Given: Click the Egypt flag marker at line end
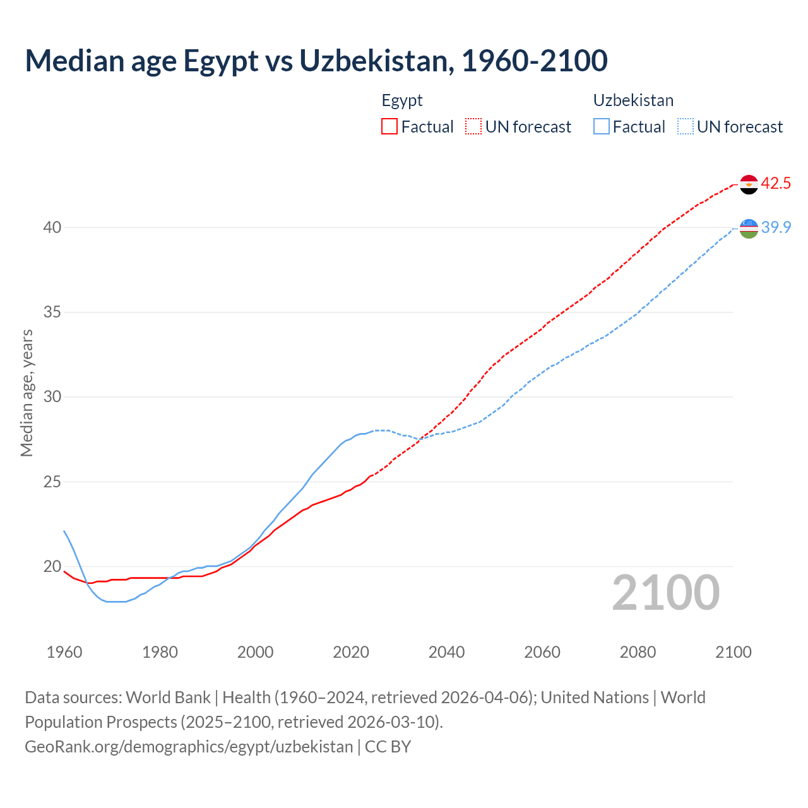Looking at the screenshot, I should point(749,184).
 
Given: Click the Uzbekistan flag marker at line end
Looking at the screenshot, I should point(749,229).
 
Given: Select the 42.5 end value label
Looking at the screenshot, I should point(776,184).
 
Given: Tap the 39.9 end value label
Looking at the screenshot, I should point(776,228).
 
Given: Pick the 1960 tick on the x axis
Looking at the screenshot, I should point(64,652).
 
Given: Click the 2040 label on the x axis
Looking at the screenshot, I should point(446,652).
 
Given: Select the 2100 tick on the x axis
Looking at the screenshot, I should point(733,652).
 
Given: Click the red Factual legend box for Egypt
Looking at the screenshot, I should point(389,127).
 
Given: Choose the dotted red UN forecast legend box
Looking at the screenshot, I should point(473,127).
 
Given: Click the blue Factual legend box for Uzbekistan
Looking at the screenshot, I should point(602,127).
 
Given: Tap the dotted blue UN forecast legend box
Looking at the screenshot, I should point(686,127).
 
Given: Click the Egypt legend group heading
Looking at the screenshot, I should point(402,100).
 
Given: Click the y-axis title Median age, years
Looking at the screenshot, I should point(27,393).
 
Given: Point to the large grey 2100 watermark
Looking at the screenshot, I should point(665,593).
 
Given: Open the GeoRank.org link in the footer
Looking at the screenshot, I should point(189,747).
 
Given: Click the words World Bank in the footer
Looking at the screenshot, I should point(168,698).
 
